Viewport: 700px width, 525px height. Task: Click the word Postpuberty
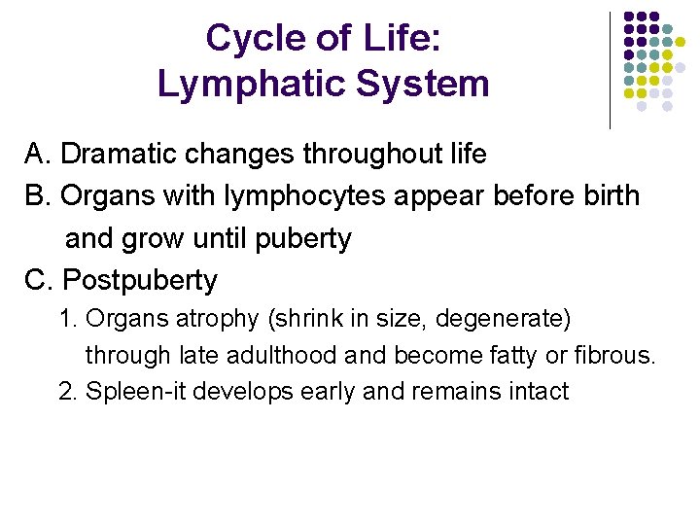(140, 281)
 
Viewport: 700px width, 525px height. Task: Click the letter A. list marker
(38, 155)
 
